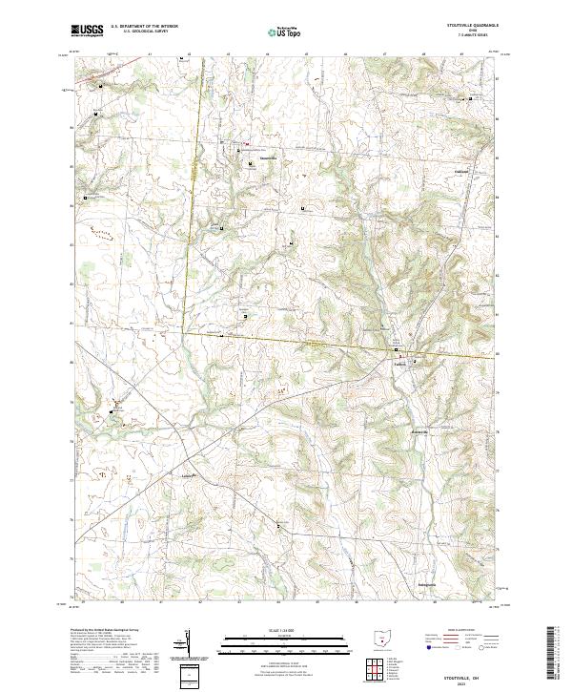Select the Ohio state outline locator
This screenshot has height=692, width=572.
[x=379, y=638]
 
